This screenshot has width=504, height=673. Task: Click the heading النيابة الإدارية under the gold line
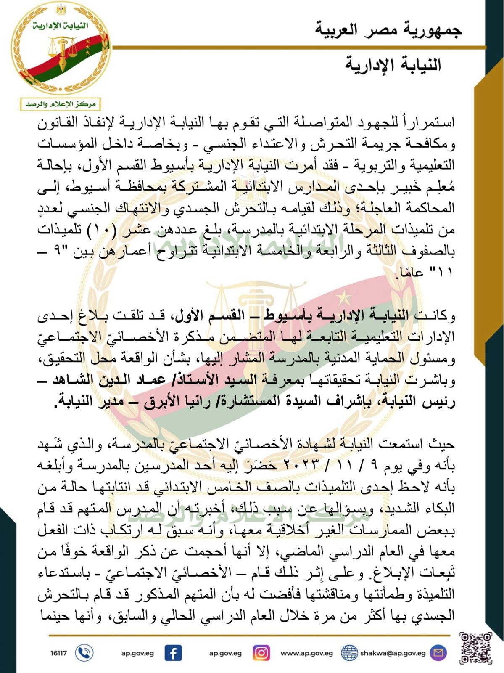[x=393, y=65]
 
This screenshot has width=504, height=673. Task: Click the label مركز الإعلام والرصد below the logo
[x=61, y=104]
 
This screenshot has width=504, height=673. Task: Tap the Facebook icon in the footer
[x=173, y=653]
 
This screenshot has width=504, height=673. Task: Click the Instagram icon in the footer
[x=261, y=653]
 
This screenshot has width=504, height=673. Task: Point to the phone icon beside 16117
[x=84, y=653]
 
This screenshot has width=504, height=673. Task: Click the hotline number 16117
[x=58, y=653]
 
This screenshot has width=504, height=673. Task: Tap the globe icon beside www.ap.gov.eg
[x=349, y=653]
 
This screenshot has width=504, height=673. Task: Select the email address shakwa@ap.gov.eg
[x=393, y=653]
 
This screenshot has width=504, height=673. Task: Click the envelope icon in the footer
[x=438, y=653]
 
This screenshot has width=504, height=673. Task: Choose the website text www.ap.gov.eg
[x=306, y=653]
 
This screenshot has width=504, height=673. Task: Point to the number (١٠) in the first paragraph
[x=391, y=230]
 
